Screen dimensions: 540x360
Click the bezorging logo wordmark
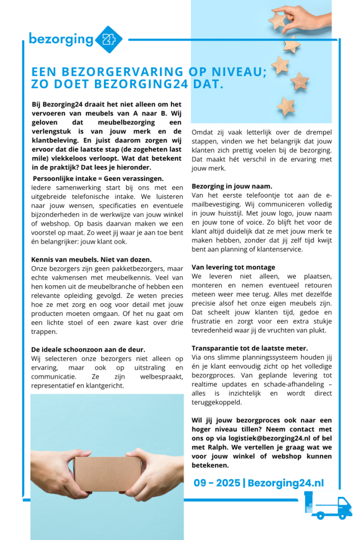[x=61, y=39]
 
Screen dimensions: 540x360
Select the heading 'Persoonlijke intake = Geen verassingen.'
[x=98, y=179]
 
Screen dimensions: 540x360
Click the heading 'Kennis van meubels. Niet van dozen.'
[x=91, y=259]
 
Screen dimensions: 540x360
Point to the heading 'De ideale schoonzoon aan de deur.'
[x=88, y=349]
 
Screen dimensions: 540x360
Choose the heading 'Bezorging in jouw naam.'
[x=232, y=186]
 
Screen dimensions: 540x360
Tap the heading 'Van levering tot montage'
[x=233, y=267]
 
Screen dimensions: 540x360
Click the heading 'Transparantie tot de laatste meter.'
[x=250, y=348]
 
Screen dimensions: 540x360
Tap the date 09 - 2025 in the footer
[x=216, y=483]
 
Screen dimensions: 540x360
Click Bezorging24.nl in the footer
[x=286, y=483]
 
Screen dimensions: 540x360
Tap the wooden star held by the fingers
[x=278, y=21]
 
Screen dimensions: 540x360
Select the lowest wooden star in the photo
[x=286, y=106]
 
